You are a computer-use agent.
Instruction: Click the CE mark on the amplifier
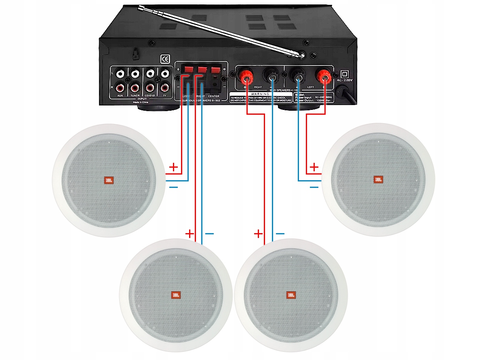[x=165, y=59]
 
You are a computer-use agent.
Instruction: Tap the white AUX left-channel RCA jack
[x=120, y=74]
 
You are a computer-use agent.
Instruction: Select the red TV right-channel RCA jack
[x=164, y=87]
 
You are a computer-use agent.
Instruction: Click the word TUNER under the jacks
[x=135, y=96]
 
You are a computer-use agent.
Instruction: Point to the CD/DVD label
[x=150, y=96]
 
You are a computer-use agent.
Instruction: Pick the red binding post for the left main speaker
[x=323, y=75]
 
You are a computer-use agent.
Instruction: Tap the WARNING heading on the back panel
[x=257, y=94]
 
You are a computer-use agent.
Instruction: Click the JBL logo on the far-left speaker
[x=108, y=181]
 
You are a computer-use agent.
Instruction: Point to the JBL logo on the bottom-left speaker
[x=175, y=295]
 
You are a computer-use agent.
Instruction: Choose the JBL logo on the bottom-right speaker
[x=290, y=295]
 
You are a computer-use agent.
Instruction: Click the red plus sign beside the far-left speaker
[x=173, y=166]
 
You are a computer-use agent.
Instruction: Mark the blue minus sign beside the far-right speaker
[x=314, y=187]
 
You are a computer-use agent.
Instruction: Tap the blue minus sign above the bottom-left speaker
[x=210, y=234]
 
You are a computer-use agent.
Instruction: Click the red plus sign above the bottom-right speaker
[x=258, y=234]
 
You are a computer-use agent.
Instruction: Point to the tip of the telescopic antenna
[x=140, y=7]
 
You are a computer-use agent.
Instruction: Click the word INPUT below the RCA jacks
[x=142, y=99]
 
